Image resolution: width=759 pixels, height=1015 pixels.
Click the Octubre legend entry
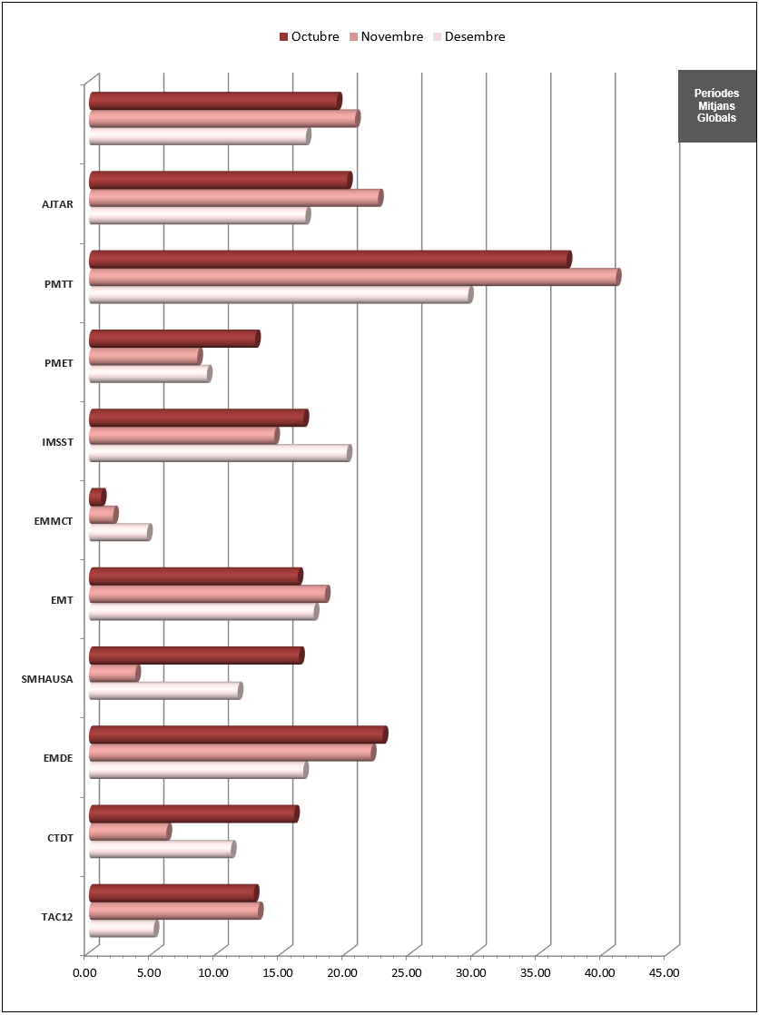[x=309, y=37]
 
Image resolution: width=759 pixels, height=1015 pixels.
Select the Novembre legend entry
[x=386, y=37]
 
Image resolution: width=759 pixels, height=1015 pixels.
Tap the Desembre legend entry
[x=468, y=37]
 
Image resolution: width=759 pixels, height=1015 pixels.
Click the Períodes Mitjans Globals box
[x=716, y=105]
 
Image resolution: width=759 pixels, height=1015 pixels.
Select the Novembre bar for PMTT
[x=354, y=277]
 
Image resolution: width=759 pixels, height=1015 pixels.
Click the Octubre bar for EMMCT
[x=97, y=497]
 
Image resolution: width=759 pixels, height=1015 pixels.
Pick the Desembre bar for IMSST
[x=220, y=453]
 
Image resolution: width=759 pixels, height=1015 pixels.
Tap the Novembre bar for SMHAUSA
[x=114, y=673]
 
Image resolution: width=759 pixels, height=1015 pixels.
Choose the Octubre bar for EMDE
[x=238, y=734]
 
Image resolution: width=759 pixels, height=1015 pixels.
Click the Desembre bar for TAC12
[x=123, y=929]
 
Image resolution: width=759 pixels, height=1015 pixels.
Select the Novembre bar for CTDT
[x=130, y=832]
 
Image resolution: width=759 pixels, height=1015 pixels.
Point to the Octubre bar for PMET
[x=174, y=339]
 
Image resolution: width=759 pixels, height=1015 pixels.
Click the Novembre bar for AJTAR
[x=235, y=198]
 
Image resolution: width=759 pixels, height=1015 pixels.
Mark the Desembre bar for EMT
[x=203, y=612]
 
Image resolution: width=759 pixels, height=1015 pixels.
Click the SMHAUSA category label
[x=46, y=678]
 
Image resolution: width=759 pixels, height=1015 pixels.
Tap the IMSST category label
[x=57, y=442]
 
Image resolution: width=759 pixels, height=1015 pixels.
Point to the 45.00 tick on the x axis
[x=665, y=973]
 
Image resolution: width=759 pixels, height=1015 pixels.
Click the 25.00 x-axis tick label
[x=407, y=973]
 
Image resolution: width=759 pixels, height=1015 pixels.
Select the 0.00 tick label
[x=84, y=973]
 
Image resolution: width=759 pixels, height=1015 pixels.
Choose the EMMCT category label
[x=52, y=521]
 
